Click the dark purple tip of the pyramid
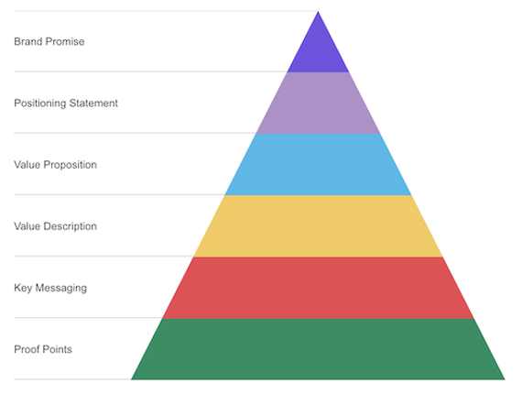coord(318,50)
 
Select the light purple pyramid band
coord(318,103)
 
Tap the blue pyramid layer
coord(318,165)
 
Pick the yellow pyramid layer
coord(318,226)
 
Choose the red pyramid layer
coord(318,288)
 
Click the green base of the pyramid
coord(318,349)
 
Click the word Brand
coord(28,41)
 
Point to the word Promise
coord(65,41)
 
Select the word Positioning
coord(40,104)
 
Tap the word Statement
coord(93,104)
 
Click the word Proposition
coord(70,165)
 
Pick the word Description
coord(70,227)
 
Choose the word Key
coord(23,288)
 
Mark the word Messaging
coord(61,289)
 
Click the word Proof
coord(27,349)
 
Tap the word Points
coord(58,349)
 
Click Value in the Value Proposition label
coord(27,165)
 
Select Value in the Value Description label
coord(27,226)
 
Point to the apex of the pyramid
coord(318,12)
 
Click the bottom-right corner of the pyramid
coord(505,379)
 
